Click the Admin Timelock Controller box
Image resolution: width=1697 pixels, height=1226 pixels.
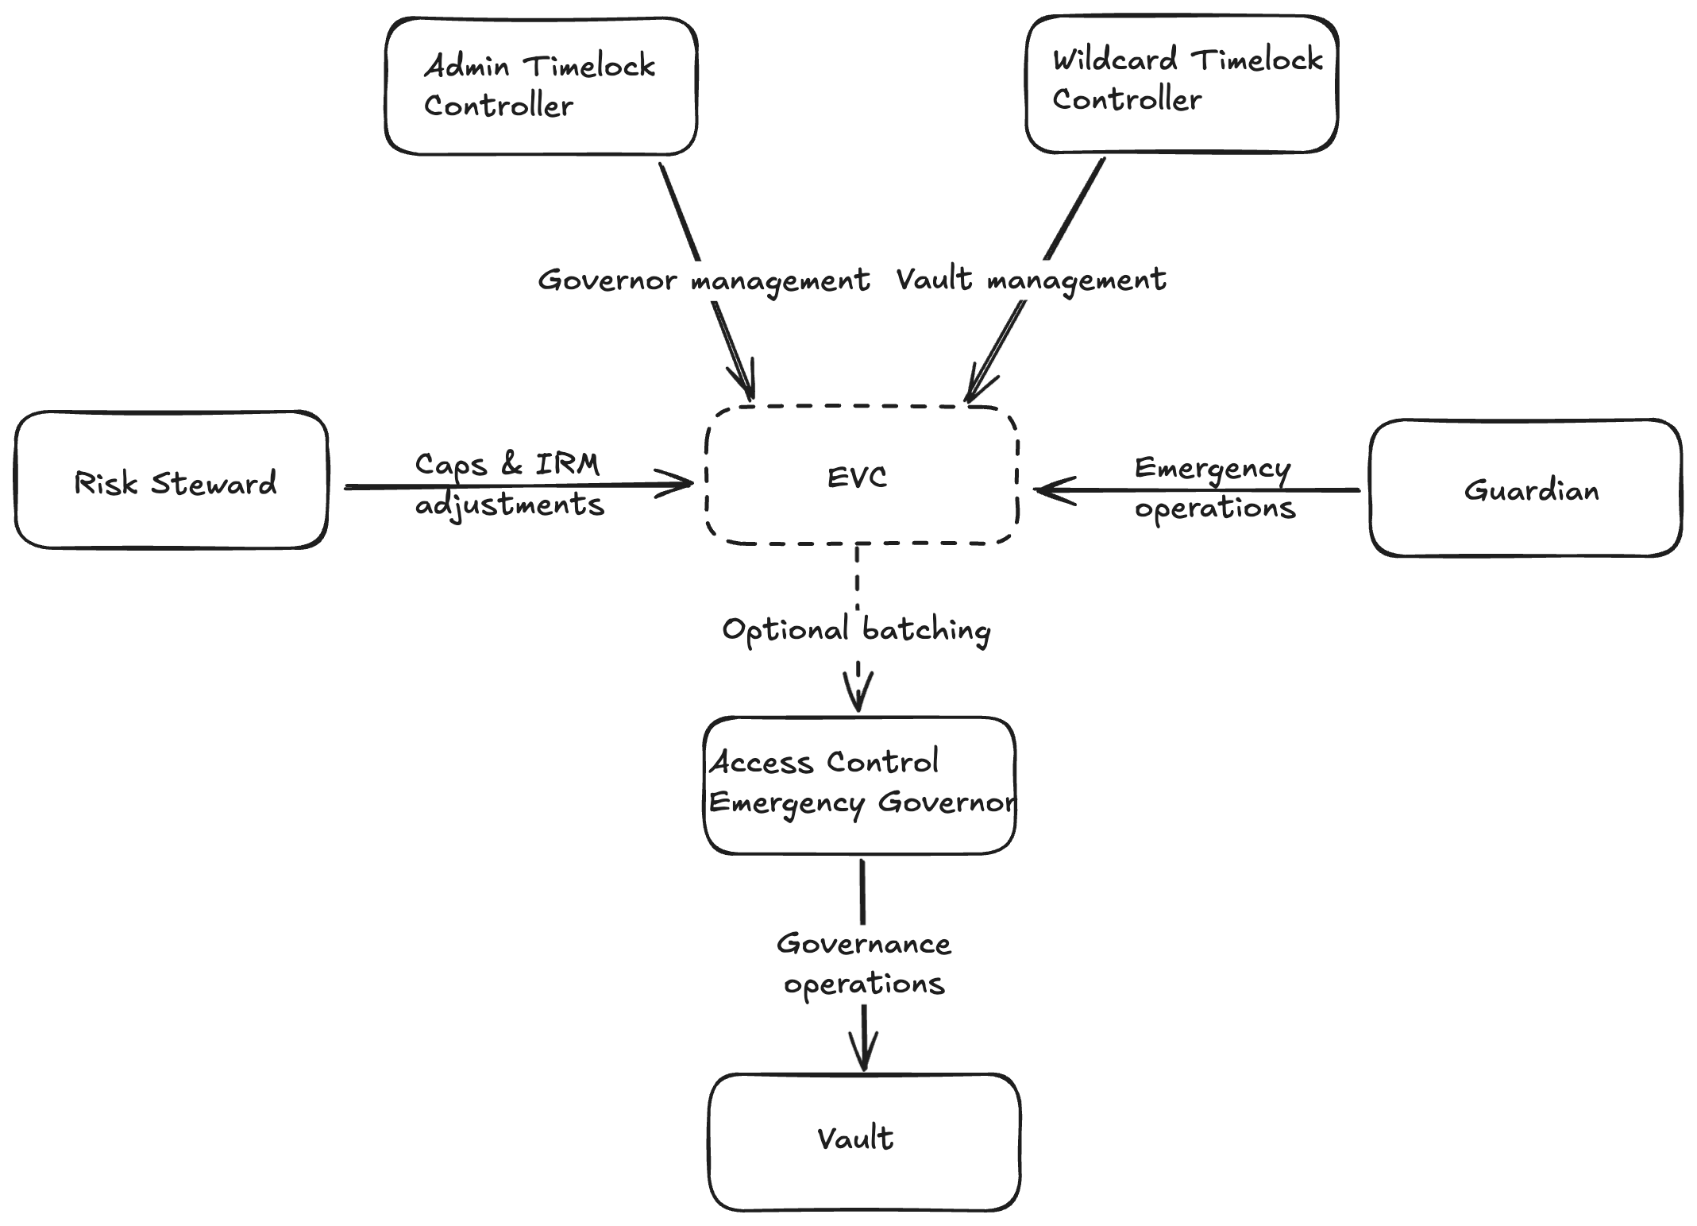click(541, 86)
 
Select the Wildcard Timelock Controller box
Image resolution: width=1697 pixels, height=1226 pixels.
click(1181, 83)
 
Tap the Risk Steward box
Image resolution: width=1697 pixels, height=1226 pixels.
click(171, 480)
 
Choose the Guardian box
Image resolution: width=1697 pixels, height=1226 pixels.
click(1525, 488)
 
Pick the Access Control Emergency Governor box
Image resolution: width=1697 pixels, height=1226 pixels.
click(859, 785)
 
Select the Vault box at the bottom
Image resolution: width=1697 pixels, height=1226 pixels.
click(864, 1142)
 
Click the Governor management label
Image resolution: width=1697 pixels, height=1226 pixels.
click(704, 280)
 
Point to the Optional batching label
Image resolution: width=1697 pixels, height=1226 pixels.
click(856, 630)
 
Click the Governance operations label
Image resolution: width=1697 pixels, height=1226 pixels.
click(864, 963)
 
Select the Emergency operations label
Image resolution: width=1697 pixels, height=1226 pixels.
click(1213, 487)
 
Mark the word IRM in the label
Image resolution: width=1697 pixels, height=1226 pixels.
click(567, 464)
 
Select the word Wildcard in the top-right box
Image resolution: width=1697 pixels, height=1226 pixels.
click(1114, 60)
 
